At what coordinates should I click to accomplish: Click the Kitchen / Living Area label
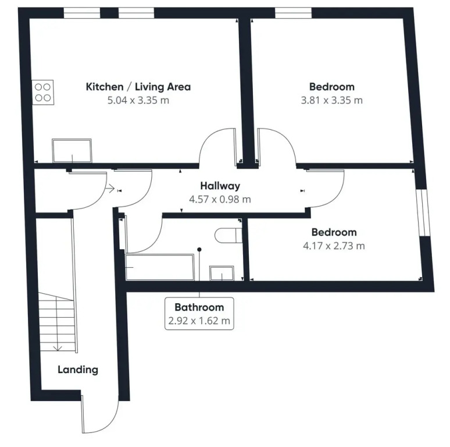click(x=138, y=87)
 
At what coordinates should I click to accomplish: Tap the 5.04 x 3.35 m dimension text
click(x=138, y=100)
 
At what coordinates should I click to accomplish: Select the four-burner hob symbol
click(x=43, y=92)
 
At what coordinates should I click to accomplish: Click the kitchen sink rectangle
click(x=72, y=151)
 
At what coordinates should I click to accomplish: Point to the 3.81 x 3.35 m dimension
click(x=332, y=100)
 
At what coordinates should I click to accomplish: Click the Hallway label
click(x=220, y=186)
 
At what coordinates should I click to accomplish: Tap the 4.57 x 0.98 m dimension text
click(x=220, y=199)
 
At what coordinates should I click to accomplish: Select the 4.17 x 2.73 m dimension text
click(x=334, y=246)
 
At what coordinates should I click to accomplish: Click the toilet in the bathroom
click(x=228, y=235)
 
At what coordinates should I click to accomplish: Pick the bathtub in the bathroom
click(x=160, y=267)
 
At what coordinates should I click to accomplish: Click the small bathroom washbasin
click(x=222, y=273)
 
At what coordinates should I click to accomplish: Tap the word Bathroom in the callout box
click(x=199, y=307)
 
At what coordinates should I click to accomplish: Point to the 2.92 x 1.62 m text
click(x=199, y=321)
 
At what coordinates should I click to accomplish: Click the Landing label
click(x=78, y=370)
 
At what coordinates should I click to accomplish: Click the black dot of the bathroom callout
click(x=199, y=250)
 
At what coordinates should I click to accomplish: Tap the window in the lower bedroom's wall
click(x=423, y=212)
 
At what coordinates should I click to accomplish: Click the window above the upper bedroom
click(x=293, y=13)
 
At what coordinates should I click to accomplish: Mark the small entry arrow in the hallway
click(x=110, y=189)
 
